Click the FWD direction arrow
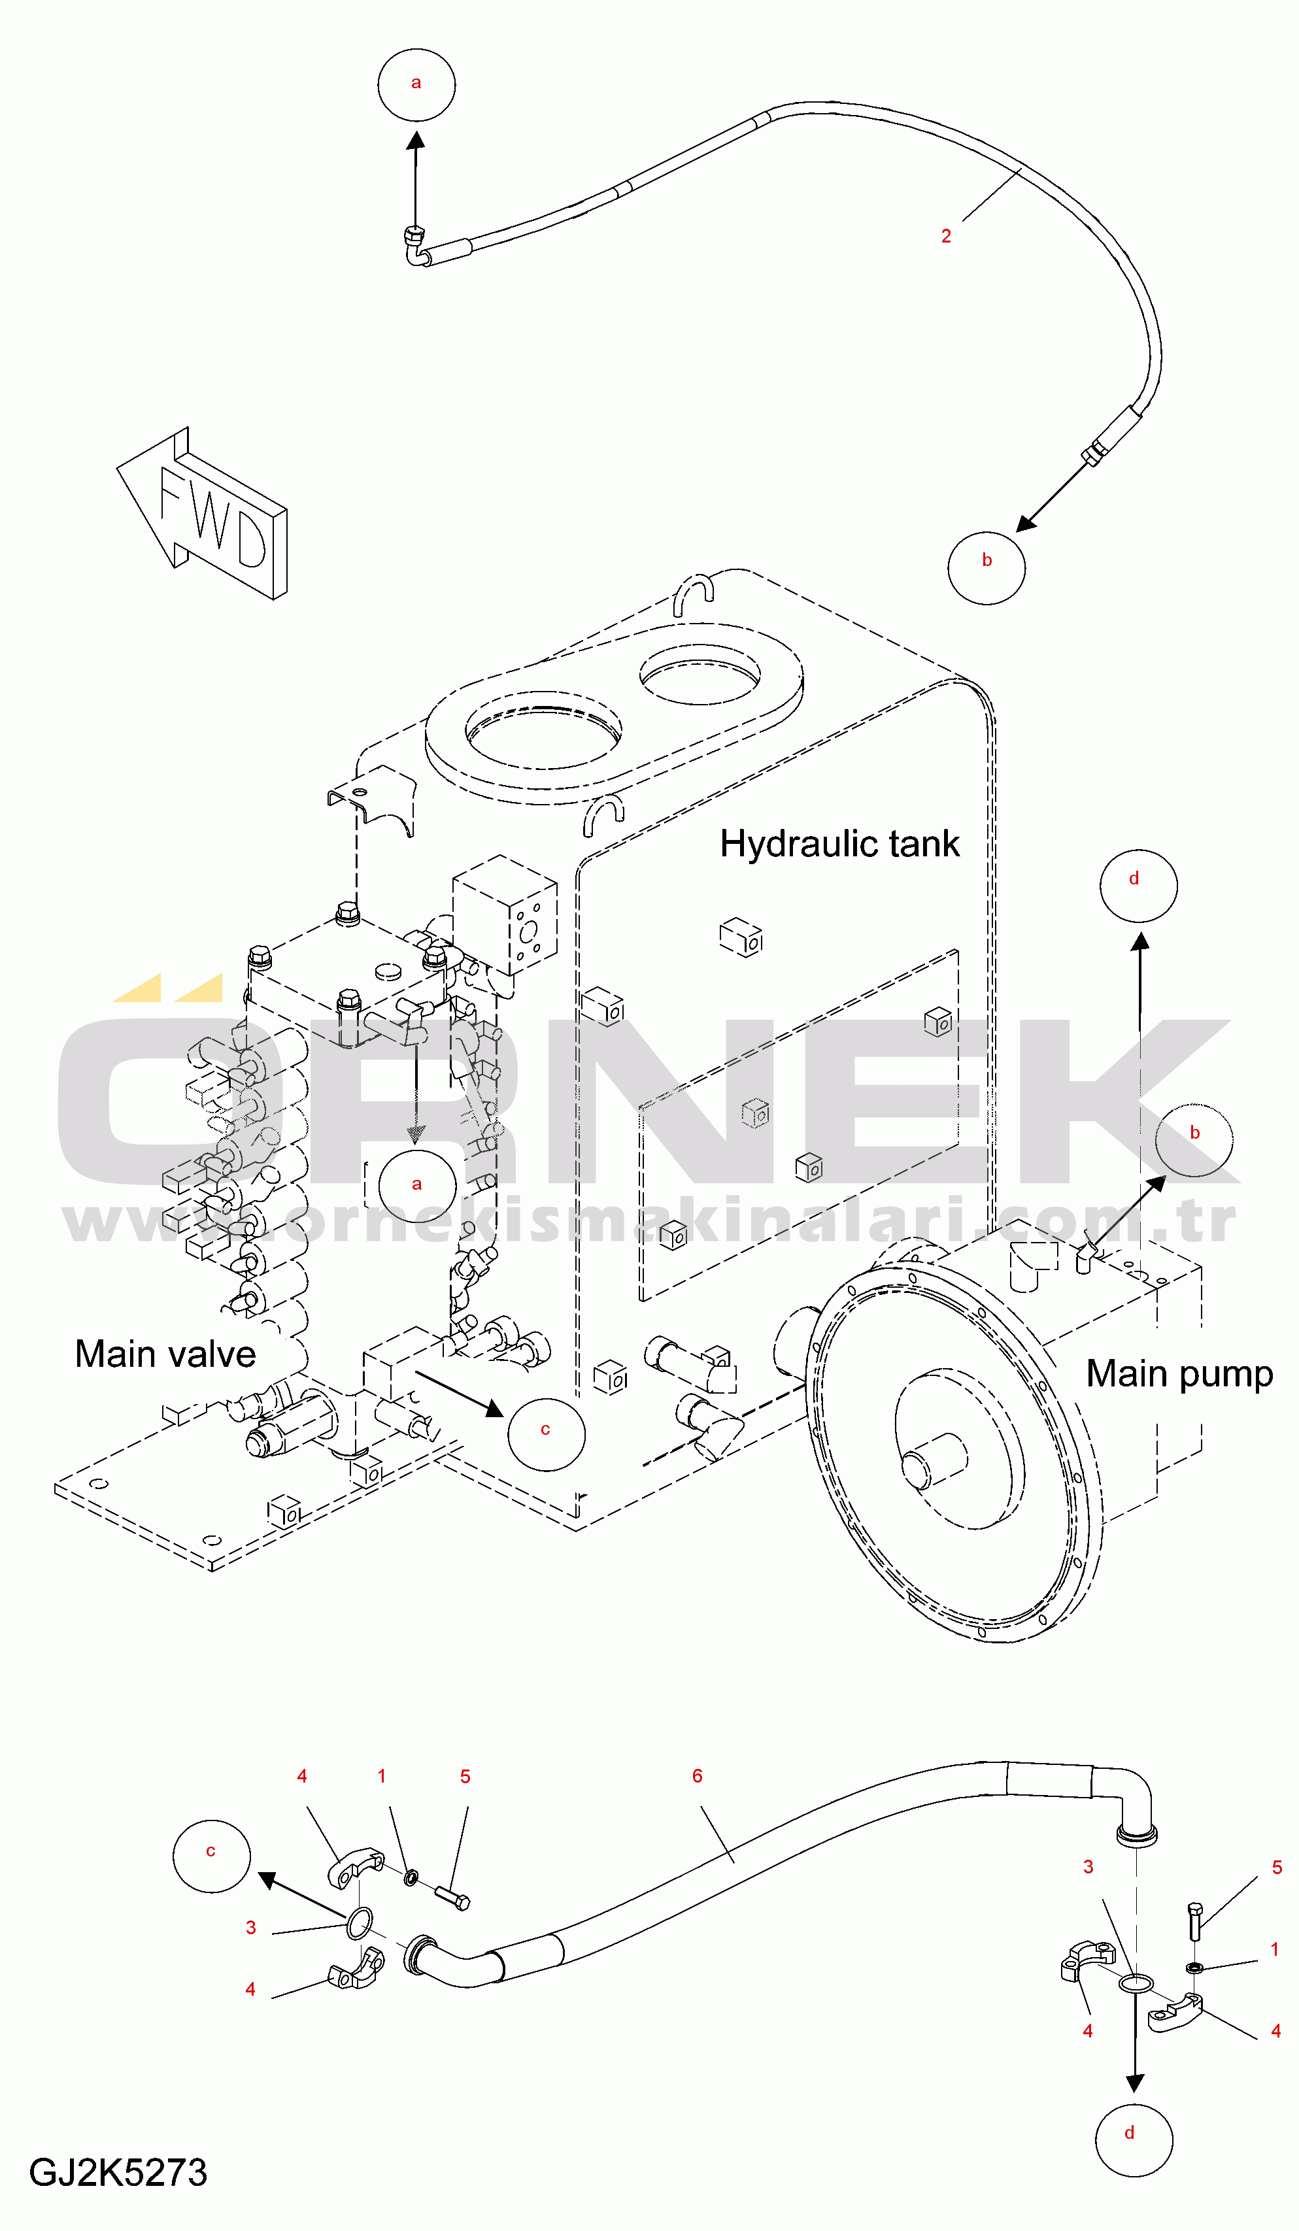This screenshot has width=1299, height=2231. [x=202, y=514]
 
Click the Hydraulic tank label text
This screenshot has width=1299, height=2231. [x=839, y=844]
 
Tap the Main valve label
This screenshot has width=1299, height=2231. [x=165, y=1354]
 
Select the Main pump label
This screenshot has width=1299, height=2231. [x=1179, y=1374]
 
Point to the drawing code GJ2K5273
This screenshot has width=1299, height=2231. [x=118, y=2173]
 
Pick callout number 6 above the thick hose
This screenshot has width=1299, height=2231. [x=697, y=1776]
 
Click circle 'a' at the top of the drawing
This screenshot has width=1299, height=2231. [x=416, y=85]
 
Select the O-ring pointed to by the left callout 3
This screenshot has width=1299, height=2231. [x=359, y=1924]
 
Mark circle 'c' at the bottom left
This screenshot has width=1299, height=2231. [x=212, y=1856]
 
